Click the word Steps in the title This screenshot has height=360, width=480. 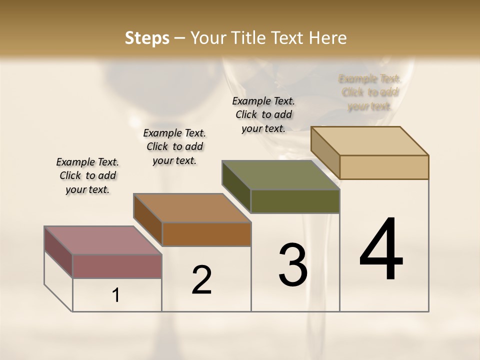tap(147, 38)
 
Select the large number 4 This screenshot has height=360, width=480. tap(381, 250)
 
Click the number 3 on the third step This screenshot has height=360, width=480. tap(292, 265)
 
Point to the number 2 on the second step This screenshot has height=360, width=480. tap(202, 280)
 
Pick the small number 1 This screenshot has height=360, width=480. tap(116, 295)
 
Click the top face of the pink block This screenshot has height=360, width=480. tap(103, 240)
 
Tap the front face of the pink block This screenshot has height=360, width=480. tap(117, 266)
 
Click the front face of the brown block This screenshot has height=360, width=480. tap(206, 234)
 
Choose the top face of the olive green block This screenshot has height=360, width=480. tap(280, 175)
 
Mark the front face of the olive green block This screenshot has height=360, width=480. tap(295, 201)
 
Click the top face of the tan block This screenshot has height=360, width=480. tap(370, 141)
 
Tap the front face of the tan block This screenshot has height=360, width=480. tap(384, 167)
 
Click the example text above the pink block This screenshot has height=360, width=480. tap(87, 175)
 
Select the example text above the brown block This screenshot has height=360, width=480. tap(174, 146)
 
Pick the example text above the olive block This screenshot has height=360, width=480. tap(263, 114)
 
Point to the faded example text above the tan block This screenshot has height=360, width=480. tap(369, 92)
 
